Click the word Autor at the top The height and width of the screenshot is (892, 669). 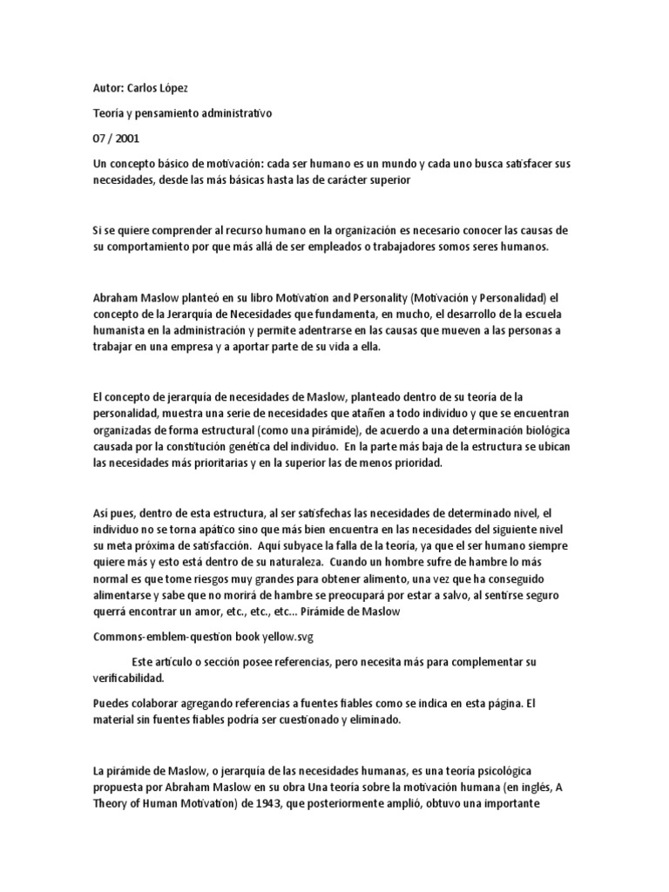(108, 89)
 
